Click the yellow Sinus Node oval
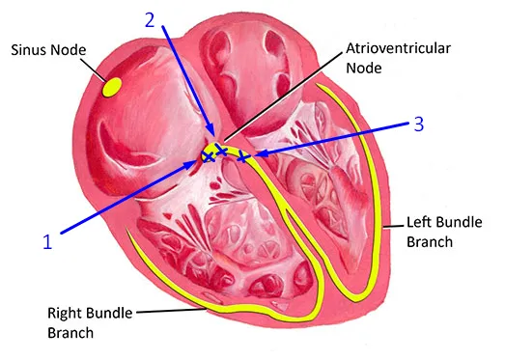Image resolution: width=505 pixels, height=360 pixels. point(112,87)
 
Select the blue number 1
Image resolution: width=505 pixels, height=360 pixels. point(47,242)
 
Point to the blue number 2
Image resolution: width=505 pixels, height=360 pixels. point(150,20)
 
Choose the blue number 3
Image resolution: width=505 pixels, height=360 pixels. point(418,124)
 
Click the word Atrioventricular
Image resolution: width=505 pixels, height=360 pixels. point(398,48)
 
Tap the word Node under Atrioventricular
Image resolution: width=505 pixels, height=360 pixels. point(364,68)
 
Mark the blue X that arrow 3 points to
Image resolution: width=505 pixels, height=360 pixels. point(242,157)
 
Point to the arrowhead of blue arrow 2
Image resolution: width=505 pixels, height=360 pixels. point(210,131)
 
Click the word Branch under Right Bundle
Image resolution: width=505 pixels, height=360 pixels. point(70,333)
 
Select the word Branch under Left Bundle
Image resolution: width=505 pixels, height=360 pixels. point(430,242)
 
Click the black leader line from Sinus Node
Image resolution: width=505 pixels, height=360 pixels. point(94,69)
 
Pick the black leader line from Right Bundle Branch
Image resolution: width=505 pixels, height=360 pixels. point(171,311)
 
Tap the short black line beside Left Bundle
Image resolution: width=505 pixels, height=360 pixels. point(393,227)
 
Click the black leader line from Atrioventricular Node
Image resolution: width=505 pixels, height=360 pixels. point(283,97)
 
